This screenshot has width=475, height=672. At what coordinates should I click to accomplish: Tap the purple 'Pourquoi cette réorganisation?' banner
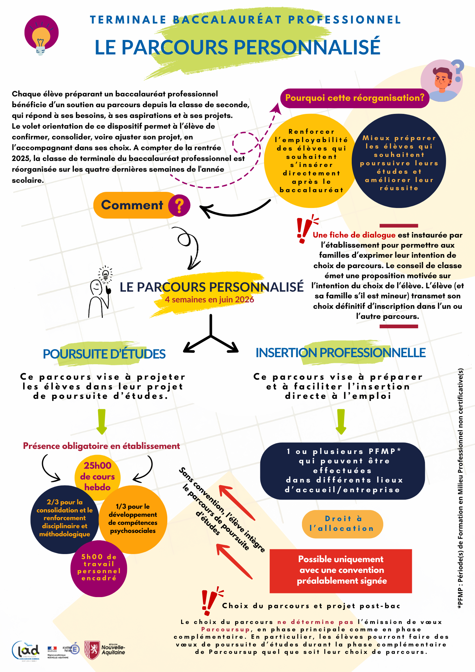click(355, 98)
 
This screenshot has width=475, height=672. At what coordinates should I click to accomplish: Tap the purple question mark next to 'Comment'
click(179, 205)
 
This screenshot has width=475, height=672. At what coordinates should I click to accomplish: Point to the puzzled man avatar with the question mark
click(442, 81)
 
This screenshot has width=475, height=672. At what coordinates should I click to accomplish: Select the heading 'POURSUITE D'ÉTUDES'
click(104, 354)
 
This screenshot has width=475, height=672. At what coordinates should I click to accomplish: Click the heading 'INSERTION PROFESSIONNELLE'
click(341, 353)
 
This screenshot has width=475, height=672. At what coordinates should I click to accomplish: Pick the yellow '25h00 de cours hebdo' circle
click(97, 476)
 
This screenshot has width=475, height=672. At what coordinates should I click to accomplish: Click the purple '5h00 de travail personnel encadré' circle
click(99, 569)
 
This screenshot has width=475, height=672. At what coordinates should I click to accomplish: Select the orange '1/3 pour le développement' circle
click(133, 519)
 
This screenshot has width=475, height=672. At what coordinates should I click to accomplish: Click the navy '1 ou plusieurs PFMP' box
click(342, 470)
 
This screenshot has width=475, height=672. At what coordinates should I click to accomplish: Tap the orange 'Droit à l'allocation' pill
click(342, 524)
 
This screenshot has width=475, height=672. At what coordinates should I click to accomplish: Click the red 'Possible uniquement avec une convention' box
click(341, 570)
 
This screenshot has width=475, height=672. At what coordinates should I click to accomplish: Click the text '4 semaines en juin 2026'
click(209, 300)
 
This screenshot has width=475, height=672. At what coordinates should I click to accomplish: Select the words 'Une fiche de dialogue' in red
click(354, 235)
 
